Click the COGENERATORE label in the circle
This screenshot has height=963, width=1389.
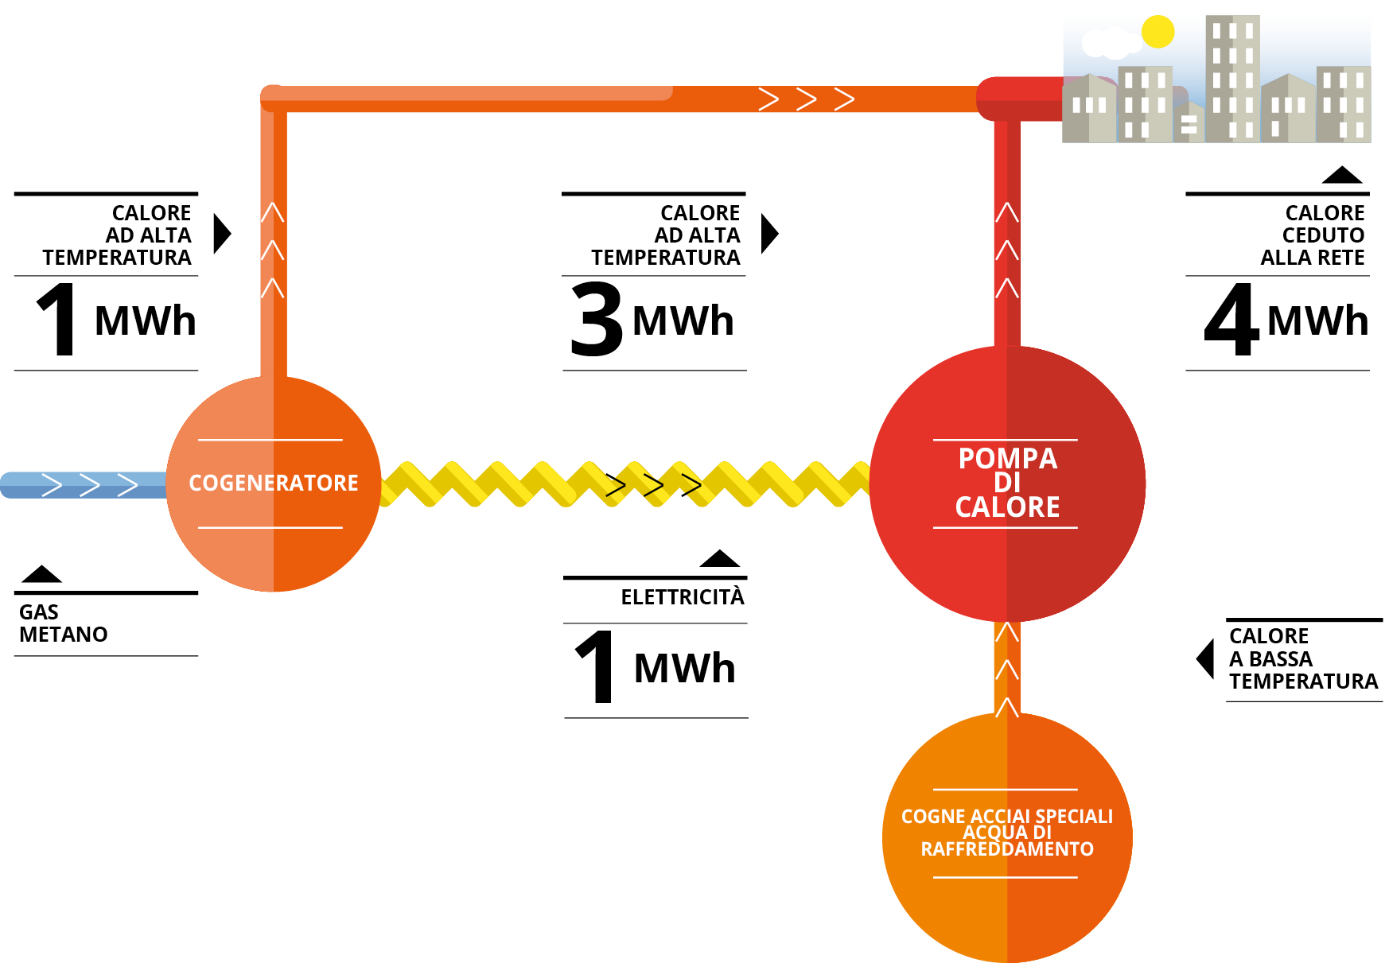coord(273,483)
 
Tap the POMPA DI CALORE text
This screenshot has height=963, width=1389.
coord(1007,483)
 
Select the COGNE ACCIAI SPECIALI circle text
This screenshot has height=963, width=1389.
coord(1006,833)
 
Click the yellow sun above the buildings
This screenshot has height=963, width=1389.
coord(1157,32)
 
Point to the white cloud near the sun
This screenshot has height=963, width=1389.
coord(1108,42)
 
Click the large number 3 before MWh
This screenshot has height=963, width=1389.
coord(597,320)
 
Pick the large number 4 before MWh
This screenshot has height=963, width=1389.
coord(1231,320)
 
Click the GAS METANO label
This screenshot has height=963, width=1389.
coord(63,623)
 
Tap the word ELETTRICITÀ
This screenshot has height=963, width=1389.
coord(682,597)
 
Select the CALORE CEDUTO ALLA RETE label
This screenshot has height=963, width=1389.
coord(1313,235)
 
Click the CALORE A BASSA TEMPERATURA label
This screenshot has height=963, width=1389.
coord(1302,659)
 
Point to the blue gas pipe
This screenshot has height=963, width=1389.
coord(80,485)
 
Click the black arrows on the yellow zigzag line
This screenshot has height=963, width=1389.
coord(653,485)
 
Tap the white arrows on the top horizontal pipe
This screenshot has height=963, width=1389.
coord(806,99)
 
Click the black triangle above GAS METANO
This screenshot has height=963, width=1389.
coord(41,574)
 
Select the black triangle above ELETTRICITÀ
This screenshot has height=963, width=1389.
coord(720,558)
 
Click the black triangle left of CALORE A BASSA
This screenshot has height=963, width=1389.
coord(1206,658)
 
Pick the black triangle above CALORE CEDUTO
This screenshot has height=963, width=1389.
coord(1342,175)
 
